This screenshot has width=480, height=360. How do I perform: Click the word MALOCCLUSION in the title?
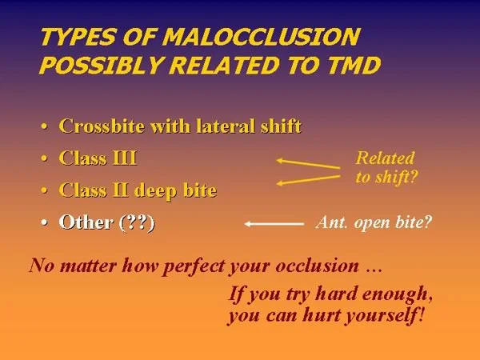point(261,37)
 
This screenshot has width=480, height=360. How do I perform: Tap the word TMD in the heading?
point(354,66)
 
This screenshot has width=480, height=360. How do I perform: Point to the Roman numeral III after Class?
point(125,158)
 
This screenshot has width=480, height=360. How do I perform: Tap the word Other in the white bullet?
point(86,222)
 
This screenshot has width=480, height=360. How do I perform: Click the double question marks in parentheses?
point(137,222)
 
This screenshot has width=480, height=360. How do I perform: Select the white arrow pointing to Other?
point(274,224)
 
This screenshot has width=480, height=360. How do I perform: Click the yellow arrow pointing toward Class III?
point(308,164)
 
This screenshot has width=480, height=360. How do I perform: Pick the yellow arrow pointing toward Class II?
point(308,180)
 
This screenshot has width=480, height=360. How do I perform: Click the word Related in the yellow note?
point(385,158)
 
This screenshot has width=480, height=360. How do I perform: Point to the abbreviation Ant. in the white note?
point(332,222)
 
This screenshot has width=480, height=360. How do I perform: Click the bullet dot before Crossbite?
point(45,126)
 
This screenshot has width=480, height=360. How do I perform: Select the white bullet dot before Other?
point(45,222)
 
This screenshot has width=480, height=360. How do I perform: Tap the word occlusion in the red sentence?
point(317,265)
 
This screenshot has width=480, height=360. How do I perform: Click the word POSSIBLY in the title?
point(101,66)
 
